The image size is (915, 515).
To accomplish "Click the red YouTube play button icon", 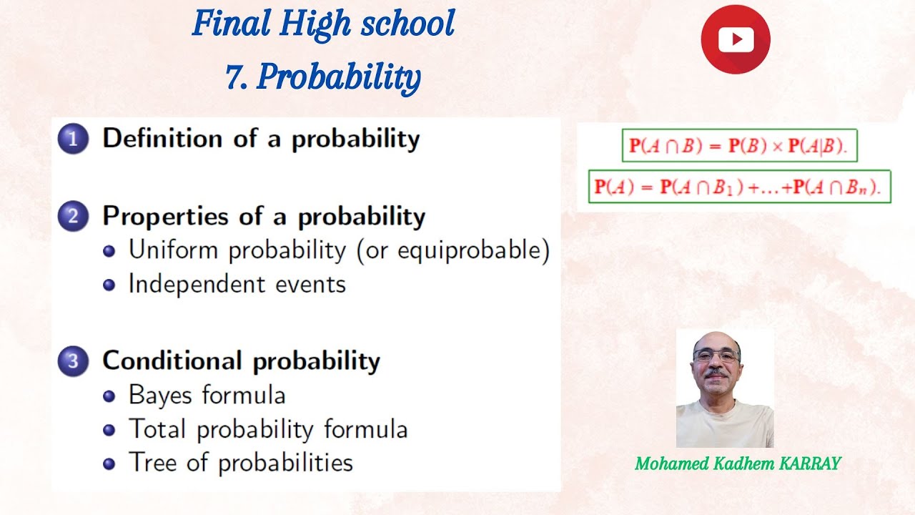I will point(736,39).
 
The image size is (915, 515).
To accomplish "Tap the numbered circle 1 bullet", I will point(72,139).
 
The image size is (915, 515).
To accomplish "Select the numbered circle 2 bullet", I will point(72,216).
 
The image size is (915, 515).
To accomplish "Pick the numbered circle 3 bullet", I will point(72,360).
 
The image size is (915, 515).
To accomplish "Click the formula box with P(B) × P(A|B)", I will point(739,146).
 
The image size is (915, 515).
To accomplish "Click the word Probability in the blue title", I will point(338,77).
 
